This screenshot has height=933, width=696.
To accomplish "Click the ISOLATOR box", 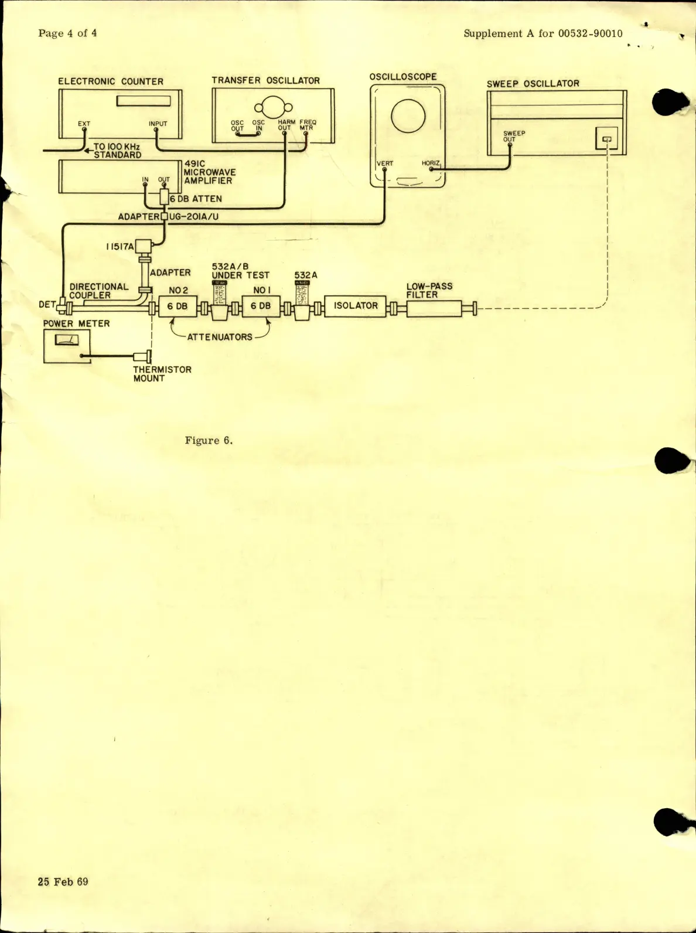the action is click(x=355, y=306).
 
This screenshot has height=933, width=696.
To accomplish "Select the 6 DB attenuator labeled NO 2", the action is click(x=177, y=307).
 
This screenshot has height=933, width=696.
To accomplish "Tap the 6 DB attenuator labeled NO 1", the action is click(x=261, y=307).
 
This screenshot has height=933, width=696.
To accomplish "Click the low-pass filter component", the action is click(x=434, y=308).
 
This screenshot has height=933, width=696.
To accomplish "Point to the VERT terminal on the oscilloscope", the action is click(x=384, y=170).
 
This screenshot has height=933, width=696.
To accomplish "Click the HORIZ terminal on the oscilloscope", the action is click(x=431, y=169).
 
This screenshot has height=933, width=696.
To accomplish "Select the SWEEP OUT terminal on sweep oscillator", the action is click(x=510, y=145).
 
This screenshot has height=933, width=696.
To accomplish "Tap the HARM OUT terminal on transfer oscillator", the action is click(x=284, y=134).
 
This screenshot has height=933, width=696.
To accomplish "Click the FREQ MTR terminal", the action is click(x=306, y=134).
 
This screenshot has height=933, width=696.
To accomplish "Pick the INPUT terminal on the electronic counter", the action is click(x=156, y=130).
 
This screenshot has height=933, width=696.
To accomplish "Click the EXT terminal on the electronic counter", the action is click(x=84, y=130).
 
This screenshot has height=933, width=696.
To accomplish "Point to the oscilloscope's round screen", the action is click(x=408, y=115).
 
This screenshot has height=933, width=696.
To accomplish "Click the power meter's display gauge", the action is click(x=67, y=339).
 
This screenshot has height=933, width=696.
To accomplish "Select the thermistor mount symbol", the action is click(x=143, y=356).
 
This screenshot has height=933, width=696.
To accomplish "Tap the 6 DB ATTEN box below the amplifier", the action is click(x=164, y=198).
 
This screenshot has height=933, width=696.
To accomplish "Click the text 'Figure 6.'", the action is click(x=209, y=441).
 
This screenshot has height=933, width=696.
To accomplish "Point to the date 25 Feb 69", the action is click(x=63, y=881).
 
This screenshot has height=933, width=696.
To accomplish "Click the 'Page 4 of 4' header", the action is click(x=67, y=33).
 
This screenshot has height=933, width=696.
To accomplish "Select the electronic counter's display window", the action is click(x=144, y=101).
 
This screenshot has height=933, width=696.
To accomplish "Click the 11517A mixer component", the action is click(x=143, y=247).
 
